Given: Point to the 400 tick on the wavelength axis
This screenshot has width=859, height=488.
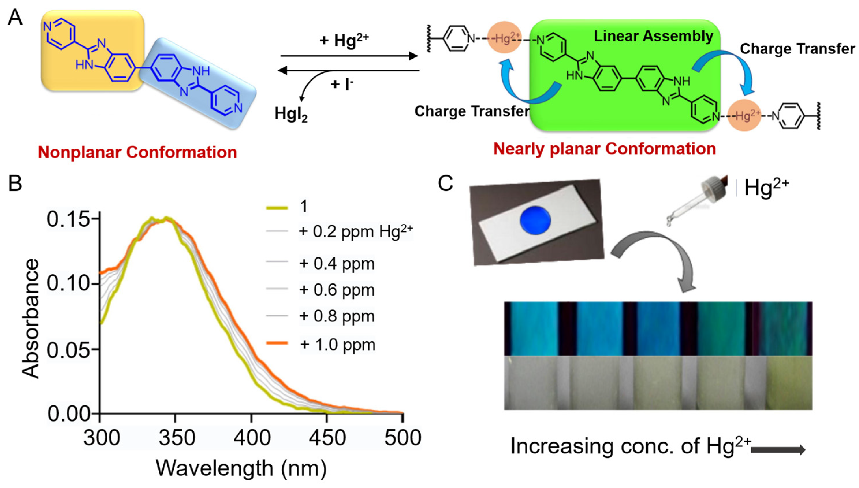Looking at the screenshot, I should pyautogui.click(x=251, y=437).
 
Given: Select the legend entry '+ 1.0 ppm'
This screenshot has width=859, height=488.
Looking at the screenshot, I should pyautogui.click(x=337, y=344).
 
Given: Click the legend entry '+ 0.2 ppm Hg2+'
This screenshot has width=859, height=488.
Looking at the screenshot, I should pyautogui.click(x=355, y=231).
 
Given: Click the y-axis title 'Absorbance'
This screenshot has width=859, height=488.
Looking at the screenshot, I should pyautogui.click(x=30, y=318).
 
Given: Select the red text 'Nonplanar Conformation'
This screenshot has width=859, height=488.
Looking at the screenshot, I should pyautogui.click(x=137, y=152).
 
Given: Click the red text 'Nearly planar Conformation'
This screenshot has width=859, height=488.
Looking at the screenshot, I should pyautogui.click(x=605, y=149).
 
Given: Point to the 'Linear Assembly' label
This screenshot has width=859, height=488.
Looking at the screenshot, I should pyautogui.click(x=653, y=36).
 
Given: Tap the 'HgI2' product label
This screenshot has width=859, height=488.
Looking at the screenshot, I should pyautogui.click(x=291, y=114).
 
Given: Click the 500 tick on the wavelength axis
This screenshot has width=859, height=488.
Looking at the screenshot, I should pyautogui.click(x=402, y=437).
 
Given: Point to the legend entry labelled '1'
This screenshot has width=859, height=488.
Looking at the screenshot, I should pyautogui.click(x=303, y=206).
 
